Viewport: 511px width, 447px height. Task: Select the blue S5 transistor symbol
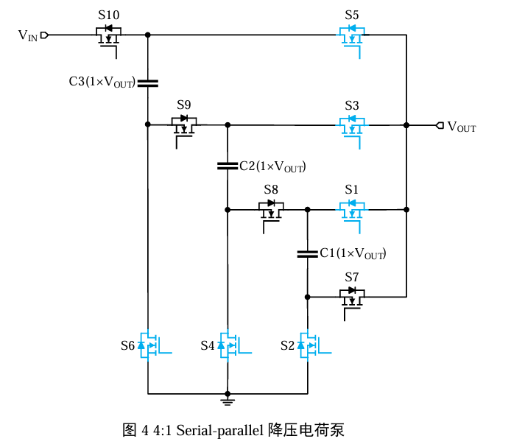click(x=352, y=36)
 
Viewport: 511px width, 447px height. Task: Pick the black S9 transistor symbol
click(x=183, y=126)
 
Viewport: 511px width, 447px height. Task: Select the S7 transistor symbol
click(x=352, y=297)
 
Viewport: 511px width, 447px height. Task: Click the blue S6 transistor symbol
click(x=152, y=345)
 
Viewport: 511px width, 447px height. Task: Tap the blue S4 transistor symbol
click(x=231, y=345)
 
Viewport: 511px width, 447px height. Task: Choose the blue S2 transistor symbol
click(x=311, y=345)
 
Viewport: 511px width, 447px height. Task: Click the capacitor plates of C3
click(x=148, y=82)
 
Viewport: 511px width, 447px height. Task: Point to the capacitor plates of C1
click(x=308, y=253)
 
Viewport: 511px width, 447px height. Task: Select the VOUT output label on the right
click(x=462, y=127)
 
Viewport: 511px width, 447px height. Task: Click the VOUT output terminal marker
click(x=440, y=126)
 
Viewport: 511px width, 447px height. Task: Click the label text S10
click(x=108, y=15)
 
